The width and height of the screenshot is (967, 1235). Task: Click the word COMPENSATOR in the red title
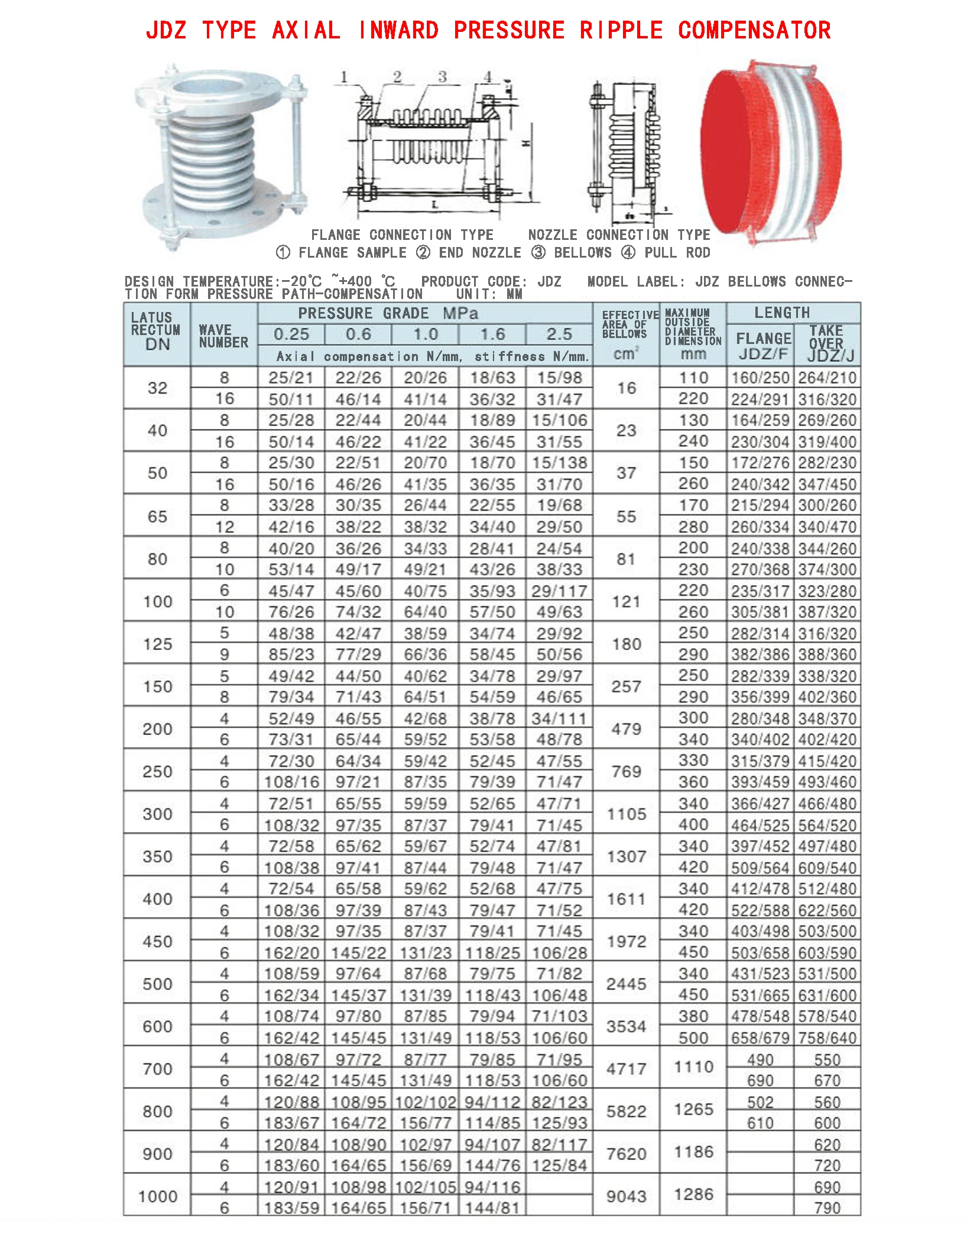click(x=754, y=30)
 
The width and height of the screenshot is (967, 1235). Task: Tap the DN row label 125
click(x=157, y=643)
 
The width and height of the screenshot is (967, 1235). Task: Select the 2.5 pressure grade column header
click(x=559, y=334)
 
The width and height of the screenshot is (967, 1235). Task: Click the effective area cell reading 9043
click(x=626, y=1196)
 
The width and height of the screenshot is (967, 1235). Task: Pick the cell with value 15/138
click(x=559, y=463)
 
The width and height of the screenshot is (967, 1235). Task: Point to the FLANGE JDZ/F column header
click(x=763, y=346)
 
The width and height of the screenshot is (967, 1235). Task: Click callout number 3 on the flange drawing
click(x=442, y=77)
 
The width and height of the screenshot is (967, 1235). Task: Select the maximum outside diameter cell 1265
click(x=693, y=1109)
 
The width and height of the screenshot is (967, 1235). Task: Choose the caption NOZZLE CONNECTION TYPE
click(x=619, y=235)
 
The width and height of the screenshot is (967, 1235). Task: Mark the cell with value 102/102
click(x=426, y=1103)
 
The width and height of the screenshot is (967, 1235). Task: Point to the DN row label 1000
click(x=157, y=1196)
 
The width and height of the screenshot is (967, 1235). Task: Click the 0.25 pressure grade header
click(x=291, y=334)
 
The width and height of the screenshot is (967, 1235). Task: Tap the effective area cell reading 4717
click(x=626, y=1068)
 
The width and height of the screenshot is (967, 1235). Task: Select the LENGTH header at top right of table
click(x=782, y=313)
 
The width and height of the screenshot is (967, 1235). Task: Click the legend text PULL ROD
click(x=677, y=253)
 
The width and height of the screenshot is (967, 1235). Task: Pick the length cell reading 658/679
click(x=760, y=1038)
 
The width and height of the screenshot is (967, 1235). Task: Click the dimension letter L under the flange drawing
click(x=435, y=205)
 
